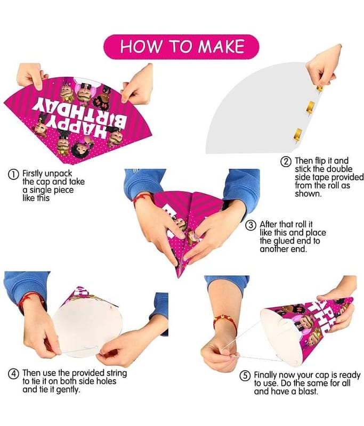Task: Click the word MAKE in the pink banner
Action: [221, 46]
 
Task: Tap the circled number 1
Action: [13, 174]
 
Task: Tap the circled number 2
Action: [286, 161]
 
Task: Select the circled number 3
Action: [250, 225]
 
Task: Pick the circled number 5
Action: [245, 376]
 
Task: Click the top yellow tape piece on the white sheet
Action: [320, 88]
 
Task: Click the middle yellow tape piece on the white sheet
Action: [310, 107]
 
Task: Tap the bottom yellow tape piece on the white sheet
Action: [297, 135]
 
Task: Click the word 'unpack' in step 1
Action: [58, 174]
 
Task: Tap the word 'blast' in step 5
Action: [307, 391]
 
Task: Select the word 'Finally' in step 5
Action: [266, 375]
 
